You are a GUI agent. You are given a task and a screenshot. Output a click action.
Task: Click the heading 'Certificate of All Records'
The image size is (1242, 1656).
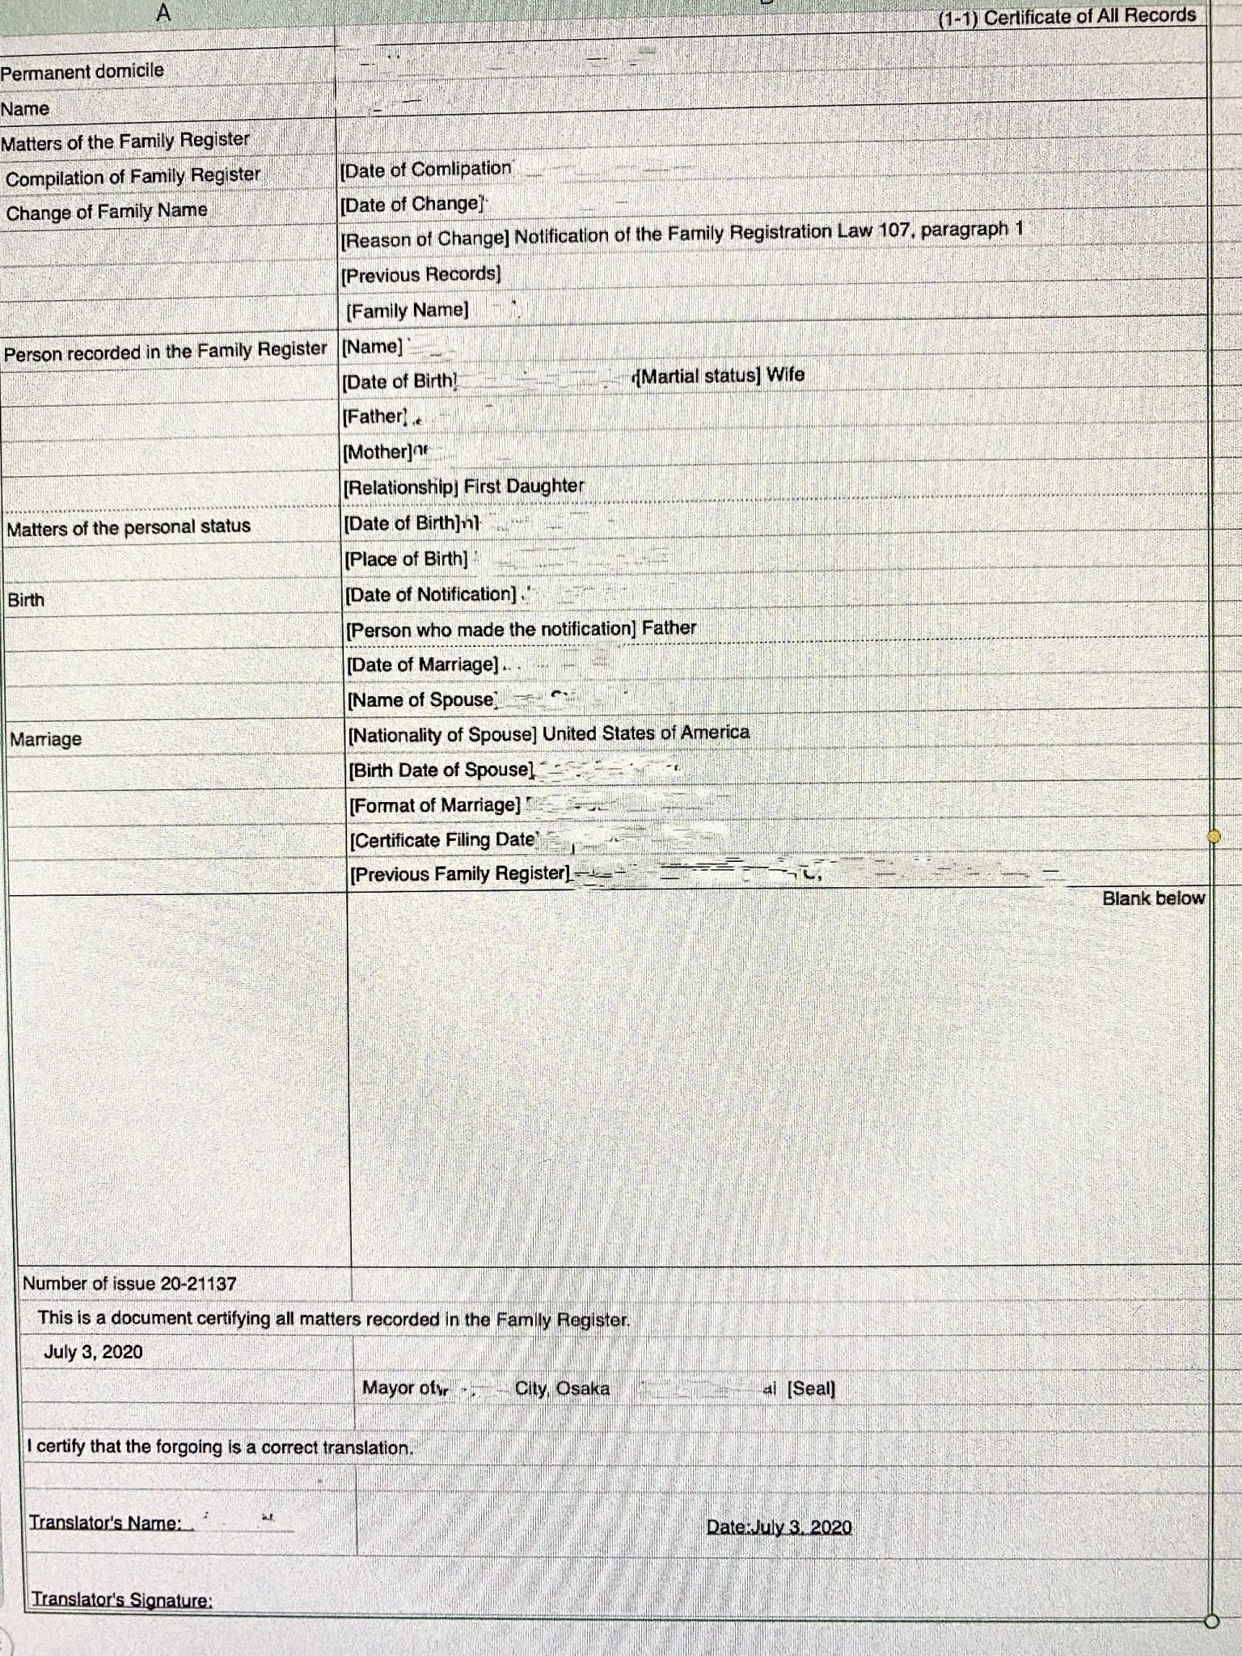tap(1089, 16)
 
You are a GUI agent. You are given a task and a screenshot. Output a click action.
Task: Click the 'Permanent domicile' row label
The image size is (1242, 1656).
tap(82, 71)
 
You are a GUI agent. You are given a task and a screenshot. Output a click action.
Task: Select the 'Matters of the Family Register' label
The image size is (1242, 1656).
tap(125, 142)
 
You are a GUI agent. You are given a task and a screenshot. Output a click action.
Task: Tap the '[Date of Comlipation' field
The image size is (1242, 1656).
tap(425, 169)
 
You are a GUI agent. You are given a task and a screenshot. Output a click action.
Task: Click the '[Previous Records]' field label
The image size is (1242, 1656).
tap(420, 275)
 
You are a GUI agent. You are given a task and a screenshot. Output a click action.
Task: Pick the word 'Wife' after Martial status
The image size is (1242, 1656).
tap(785, 374)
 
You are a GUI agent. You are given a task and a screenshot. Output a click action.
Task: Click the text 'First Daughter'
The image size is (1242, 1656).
tap(523, 486)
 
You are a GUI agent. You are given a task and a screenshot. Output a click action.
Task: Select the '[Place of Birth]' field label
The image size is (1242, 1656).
tap(406, 559)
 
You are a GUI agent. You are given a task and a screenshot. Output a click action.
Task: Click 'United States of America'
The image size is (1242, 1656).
tap(645, 733)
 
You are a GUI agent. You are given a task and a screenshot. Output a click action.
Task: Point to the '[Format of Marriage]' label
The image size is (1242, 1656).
tap(435, 805)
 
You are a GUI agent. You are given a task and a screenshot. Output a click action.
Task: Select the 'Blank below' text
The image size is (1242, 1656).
tap(1153, 898)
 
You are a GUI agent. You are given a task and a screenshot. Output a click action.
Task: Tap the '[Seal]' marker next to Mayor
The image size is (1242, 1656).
tap(811, 1388)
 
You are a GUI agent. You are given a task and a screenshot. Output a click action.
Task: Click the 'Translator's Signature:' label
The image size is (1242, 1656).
tap(121, 1599)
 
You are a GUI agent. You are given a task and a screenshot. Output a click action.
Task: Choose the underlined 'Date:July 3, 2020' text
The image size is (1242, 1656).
tap(779, 1527)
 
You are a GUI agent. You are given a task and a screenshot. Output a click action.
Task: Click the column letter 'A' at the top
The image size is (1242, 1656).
tap(164, 13)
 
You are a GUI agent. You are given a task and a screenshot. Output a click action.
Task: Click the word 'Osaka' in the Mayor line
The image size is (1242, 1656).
tap(583, 1388)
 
